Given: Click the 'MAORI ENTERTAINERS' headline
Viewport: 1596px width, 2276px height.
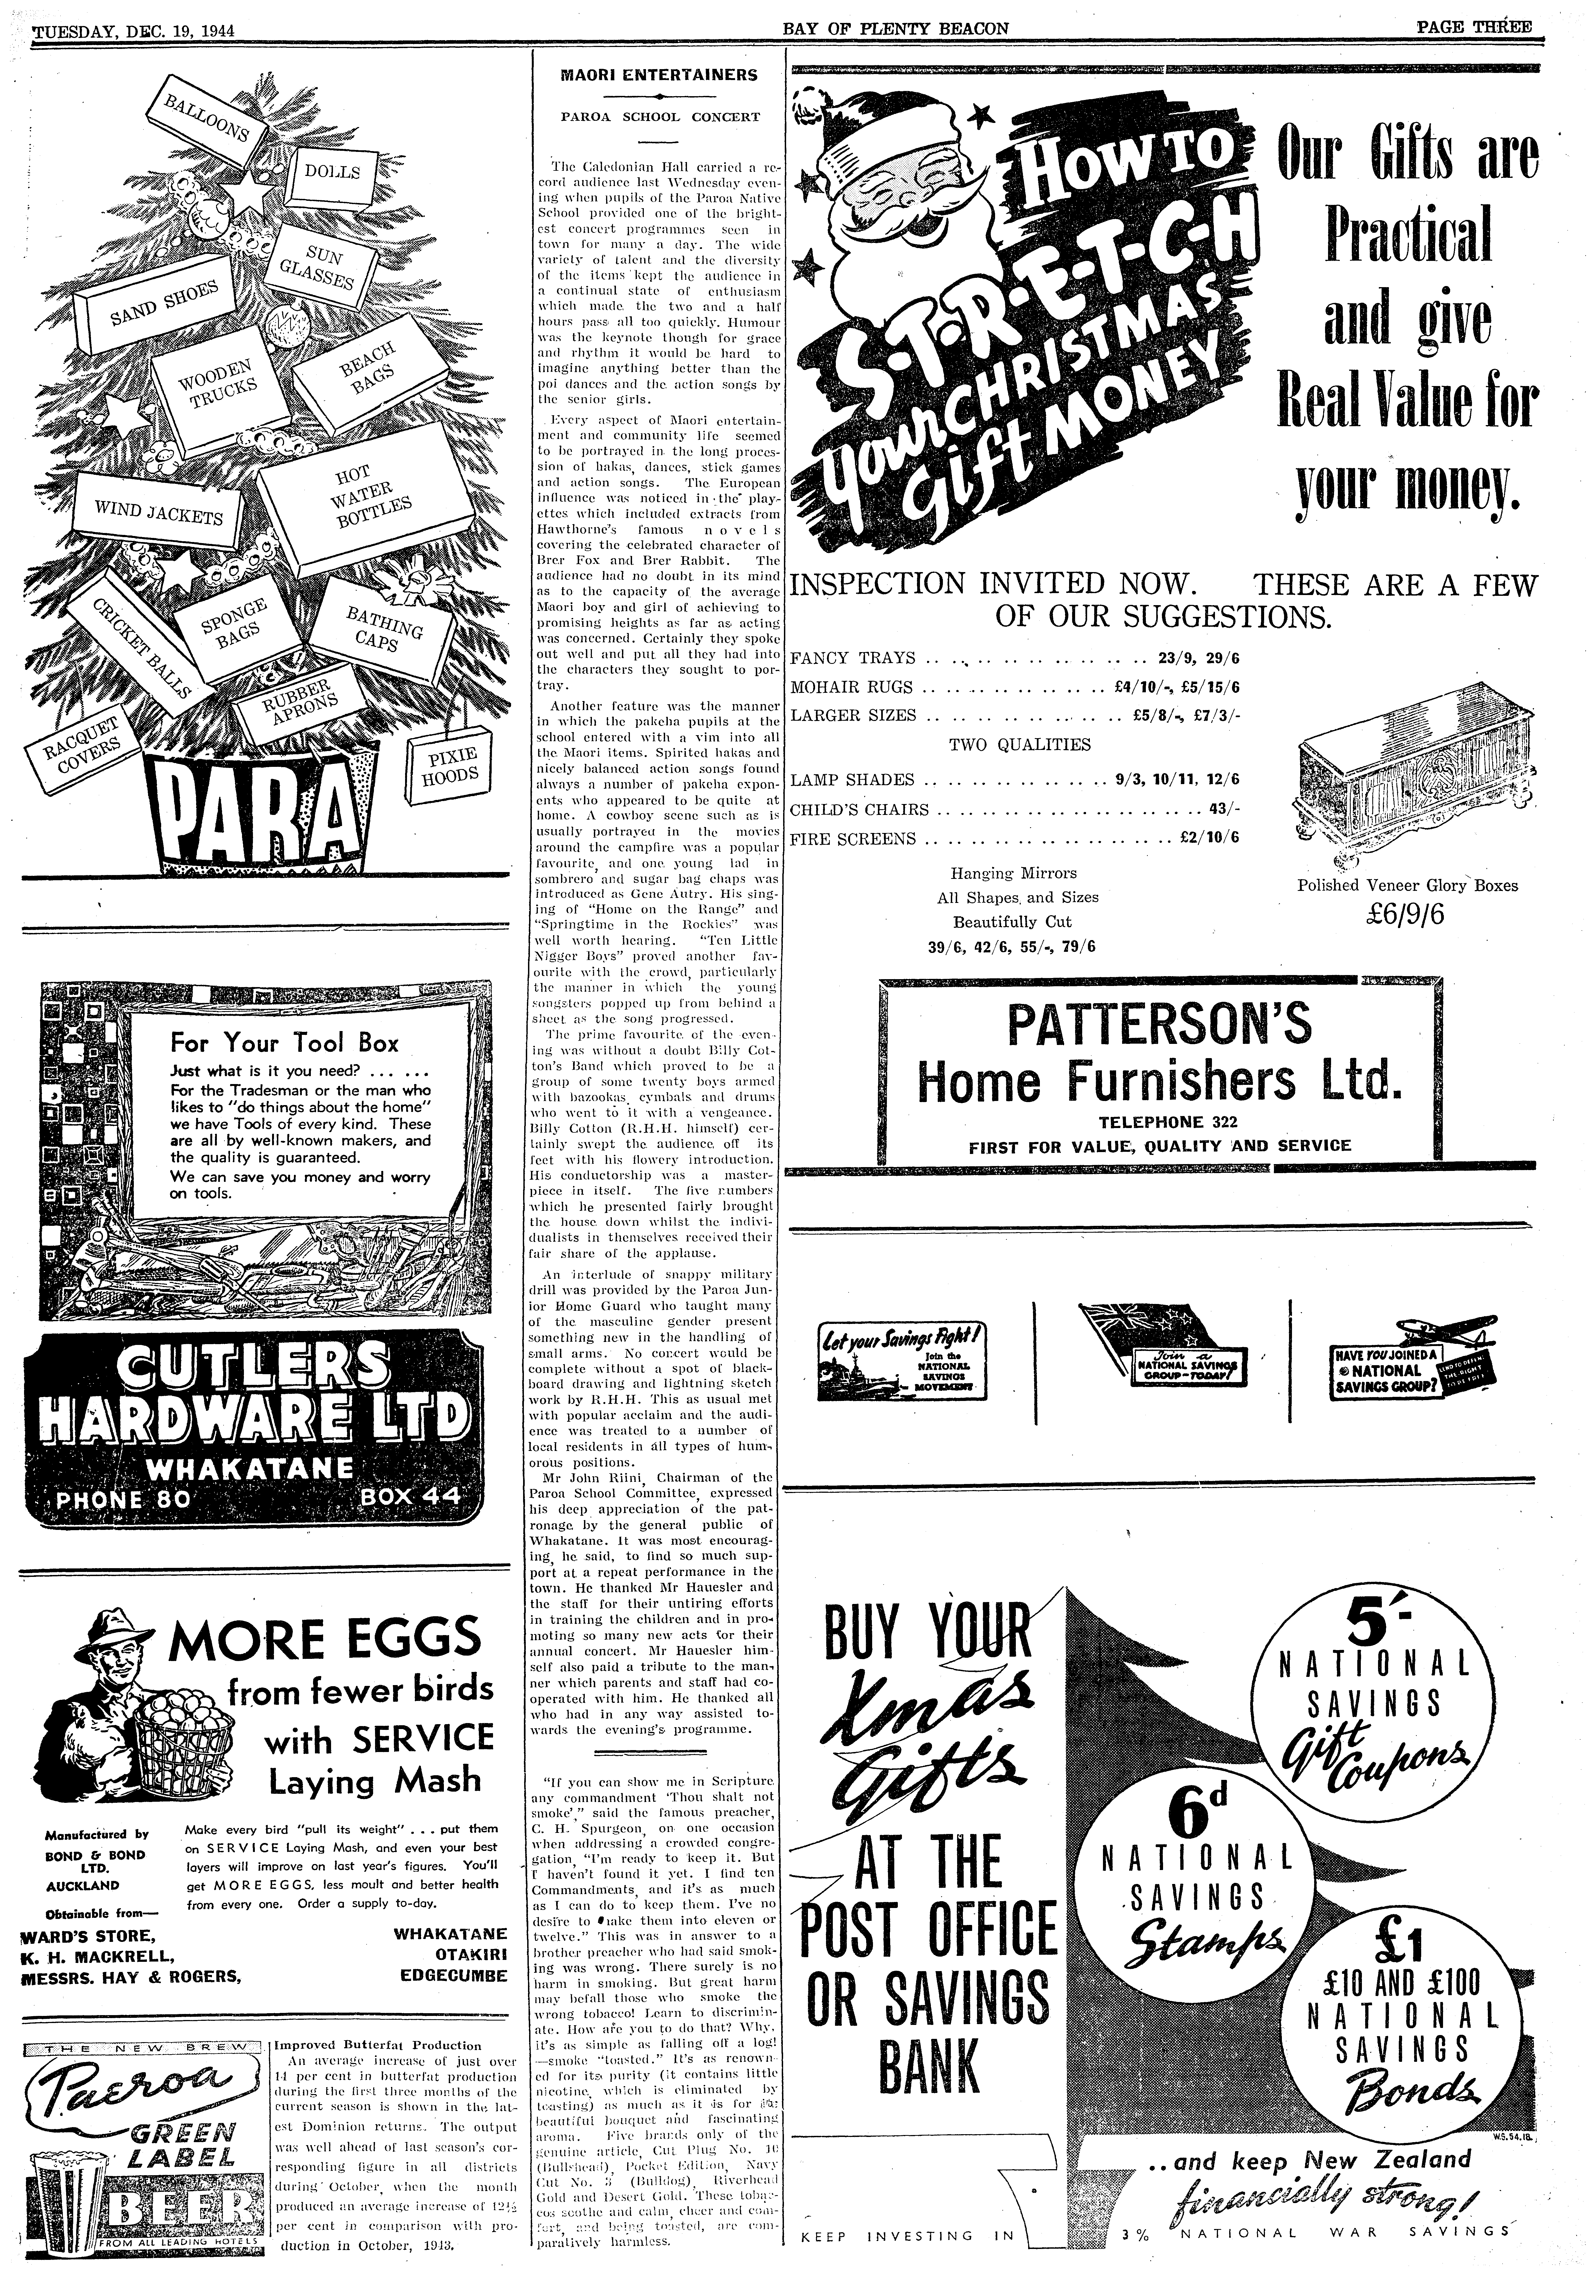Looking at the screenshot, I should tap(659, 74).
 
